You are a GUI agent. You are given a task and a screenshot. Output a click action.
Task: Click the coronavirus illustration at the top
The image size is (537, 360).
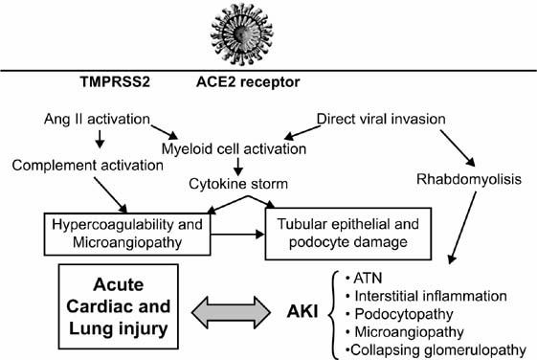click(x=241, y=34)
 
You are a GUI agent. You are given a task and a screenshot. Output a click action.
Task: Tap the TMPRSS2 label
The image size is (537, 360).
click(x=115, y=82)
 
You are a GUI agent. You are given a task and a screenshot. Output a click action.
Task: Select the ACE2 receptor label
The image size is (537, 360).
click(x=248, y=82)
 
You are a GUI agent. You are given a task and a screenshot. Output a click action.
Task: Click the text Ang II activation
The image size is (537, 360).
click(x=97, y=119)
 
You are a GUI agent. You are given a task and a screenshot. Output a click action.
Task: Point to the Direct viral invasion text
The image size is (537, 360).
click(x=381, y=119)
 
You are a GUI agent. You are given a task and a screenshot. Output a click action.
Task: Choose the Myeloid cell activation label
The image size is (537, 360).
click(x=234, y=149)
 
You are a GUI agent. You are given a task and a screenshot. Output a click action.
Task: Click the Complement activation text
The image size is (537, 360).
click(x=88, y=166)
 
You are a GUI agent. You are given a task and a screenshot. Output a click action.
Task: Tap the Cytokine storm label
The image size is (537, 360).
click(x=238, y=184)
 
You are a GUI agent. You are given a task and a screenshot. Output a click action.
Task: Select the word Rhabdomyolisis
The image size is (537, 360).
click(x=469, y=179)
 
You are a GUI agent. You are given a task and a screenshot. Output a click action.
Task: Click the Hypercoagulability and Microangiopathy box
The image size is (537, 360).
click(x=127, y=234)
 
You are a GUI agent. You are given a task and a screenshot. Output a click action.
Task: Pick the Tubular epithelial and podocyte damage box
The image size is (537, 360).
click(x=348, y=234)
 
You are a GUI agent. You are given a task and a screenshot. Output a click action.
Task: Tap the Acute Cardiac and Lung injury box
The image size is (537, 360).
click(x=119, y=306)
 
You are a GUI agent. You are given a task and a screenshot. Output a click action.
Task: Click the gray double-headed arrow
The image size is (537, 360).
click(x=232, y=312)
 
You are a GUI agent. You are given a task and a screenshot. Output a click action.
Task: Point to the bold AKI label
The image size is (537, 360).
click(x=302, y=312)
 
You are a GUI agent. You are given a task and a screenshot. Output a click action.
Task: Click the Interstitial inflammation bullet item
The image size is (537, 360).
click(x=426, y=296)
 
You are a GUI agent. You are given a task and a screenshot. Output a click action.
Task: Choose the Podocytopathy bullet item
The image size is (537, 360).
click(x=399, y=314)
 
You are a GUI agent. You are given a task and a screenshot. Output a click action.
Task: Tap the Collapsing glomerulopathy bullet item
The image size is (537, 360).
click(x=436, y=350)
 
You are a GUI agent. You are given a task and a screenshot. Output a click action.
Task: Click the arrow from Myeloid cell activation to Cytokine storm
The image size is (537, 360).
click(x=238, y=168)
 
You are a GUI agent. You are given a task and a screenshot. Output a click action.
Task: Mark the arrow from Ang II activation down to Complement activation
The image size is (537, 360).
click(x=100, y=139)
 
